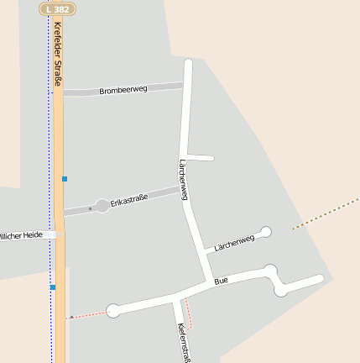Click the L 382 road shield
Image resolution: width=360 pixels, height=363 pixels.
(58, 8)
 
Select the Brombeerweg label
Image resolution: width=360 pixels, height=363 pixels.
(123, 89)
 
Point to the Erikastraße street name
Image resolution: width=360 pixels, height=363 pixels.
(129, 199)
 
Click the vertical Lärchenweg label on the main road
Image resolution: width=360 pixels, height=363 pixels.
(183, 179)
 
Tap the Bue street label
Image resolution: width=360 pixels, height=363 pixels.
(221, 281)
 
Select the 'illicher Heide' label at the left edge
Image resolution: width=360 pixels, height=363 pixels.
(20, 236)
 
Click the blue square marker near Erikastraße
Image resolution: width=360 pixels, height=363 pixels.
(65, 179)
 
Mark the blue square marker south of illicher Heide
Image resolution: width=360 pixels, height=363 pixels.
(53, 287)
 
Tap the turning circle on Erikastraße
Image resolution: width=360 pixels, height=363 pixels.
(102, 205)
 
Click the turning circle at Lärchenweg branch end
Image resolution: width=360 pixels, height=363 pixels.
(266, 231)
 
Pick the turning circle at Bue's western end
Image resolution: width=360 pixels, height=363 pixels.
(113, 311)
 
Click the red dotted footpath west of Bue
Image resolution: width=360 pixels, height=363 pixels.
(89, 314)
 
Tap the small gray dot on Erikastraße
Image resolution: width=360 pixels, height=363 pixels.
(90, 208)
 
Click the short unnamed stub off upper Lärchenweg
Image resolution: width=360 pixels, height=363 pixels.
(201, 157)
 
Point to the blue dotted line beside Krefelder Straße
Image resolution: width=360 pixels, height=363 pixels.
(49, 126)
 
